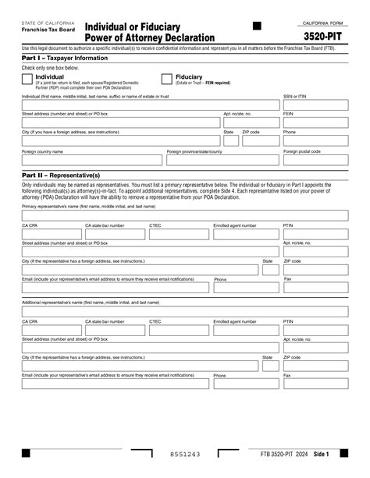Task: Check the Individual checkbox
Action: coord(27,79)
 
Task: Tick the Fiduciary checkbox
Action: coord(166,79)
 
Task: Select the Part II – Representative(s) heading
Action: coord(59,175)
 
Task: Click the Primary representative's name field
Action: coord(184,214)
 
